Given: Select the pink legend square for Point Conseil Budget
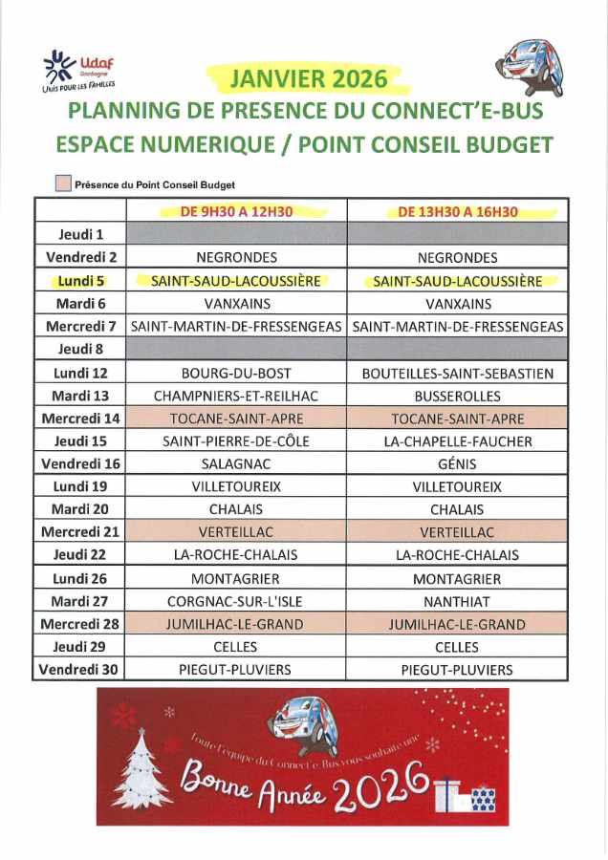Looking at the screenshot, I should tap(62, 184).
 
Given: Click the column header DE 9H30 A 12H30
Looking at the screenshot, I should tap(236, 211).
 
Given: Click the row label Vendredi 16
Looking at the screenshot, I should tap(80, 463).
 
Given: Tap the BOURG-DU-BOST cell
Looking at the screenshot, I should tap(236, 373).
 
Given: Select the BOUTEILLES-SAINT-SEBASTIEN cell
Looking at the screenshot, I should tap(457, 373).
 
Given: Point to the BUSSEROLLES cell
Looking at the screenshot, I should tap(457, 396).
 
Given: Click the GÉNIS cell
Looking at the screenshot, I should tap(457, 463).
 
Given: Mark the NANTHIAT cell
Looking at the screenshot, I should tap(457, 601).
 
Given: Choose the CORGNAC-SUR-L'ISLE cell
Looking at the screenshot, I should tap(236, 601).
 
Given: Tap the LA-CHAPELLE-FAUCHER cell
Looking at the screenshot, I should tap(457, 441).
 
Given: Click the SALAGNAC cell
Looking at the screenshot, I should tap(236, 463).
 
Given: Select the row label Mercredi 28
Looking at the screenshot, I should tap(80, 624).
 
